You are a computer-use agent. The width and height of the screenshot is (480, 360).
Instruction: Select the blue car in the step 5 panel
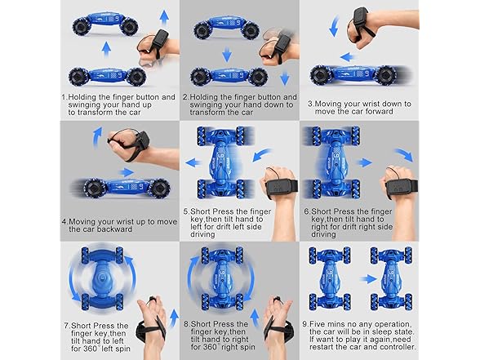224,160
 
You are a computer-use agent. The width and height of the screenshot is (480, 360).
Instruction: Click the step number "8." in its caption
187,324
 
